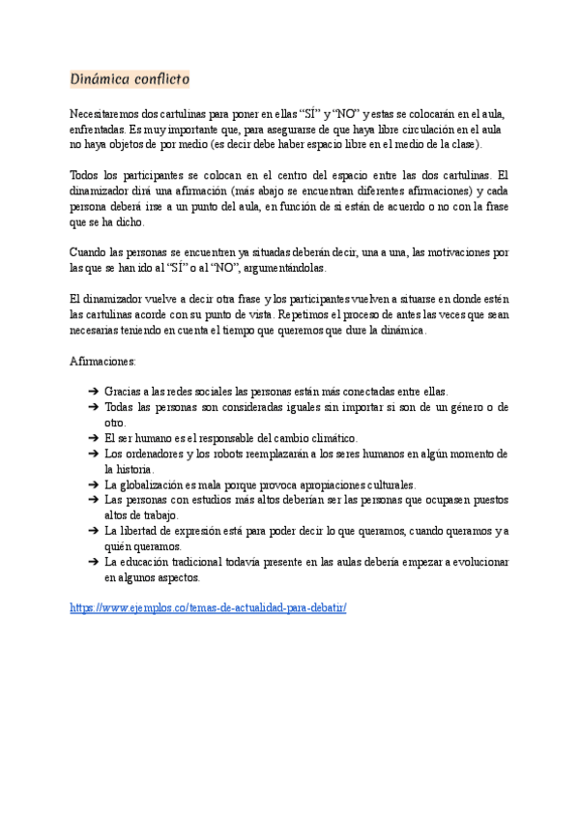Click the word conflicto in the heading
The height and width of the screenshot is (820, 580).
tap(160, 78)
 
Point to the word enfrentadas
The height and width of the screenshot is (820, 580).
tap(98, 129)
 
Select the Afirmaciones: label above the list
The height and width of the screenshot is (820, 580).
tap(103, 361)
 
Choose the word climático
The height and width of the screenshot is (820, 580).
tap(314, 438)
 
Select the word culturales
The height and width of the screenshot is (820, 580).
tap(385, 483)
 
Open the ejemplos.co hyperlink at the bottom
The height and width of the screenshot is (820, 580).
tap(208, 607)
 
